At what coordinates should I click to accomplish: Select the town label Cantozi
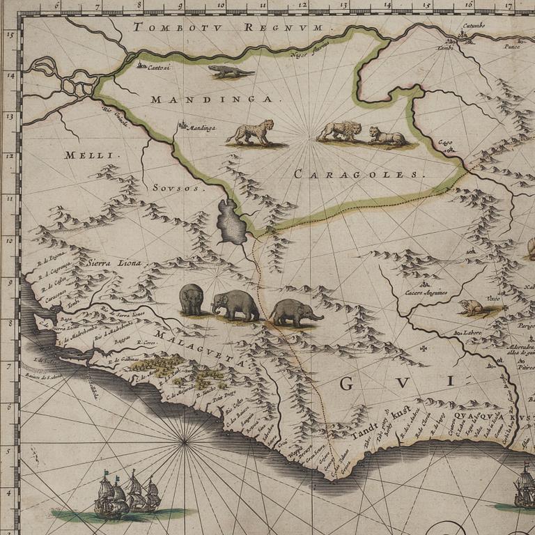159,67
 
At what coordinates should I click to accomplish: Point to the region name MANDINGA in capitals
212,100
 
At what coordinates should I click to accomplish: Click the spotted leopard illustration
251,132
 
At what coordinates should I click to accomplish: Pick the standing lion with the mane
340,131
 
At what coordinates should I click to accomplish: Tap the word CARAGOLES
359,174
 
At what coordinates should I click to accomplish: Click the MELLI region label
84,155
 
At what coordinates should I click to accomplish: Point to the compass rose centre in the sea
185,441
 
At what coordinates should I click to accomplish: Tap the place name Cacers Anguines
425,293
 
